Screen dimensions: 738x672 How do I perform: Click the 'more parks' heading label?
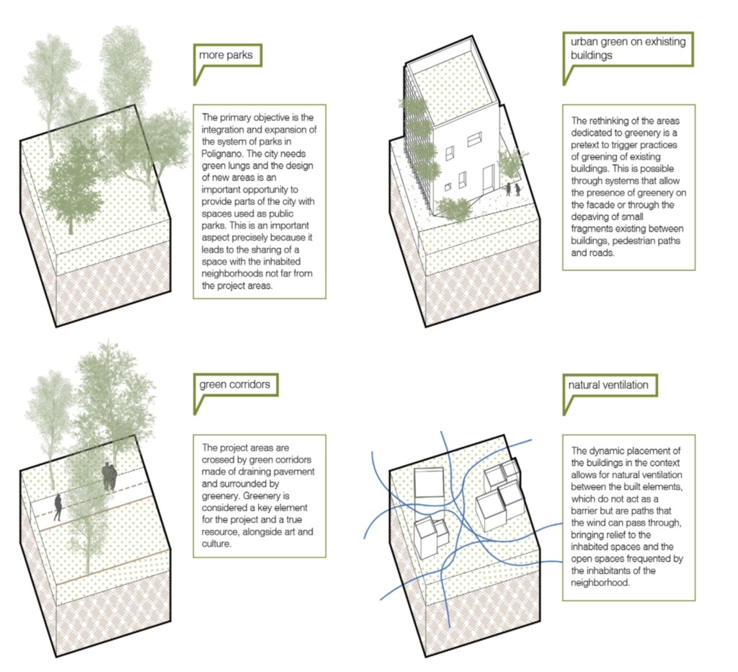click(226, 55)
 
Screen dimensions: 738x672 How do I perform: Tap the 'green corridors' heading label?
click(234, 384)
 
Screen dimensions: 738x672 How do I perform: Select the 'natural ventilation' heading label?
click(608, 385)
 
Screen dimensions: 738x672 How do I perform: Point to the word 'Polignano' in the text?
click(223, 154)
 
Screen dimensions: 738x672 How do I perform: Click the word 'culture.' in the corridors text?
click(216, 544)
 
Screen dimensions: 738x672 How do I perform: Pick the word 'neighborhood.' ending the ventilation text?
click(600, 583)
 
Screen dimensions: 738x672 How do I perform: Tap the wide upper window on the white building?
click(475, 139)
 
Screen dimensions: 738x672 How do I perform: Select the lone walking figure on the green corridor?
click(58, 507)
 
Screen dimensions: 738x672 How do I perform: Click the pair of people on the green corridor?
click(110, 476)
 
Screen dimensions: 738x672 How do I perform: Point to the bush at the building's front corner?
click(454, 208)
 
